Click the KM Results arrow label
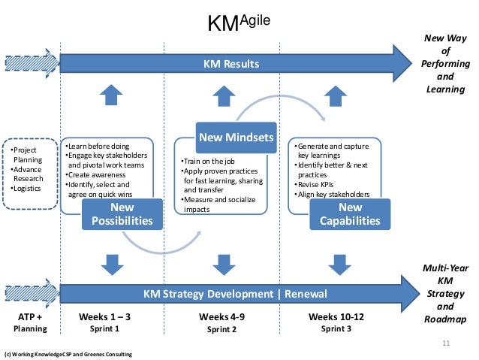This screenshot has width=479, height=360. point(231,65)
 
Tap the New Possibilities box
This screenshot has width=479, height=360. point(122,213)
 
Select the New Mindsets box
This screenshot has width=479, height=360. point(235,138)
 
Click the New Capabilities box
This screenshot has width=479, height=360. point(350,213)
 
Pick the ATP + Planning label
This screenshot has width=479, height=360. point(29,323)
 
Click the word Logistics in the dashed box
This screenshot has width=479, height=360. point(28,188)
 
